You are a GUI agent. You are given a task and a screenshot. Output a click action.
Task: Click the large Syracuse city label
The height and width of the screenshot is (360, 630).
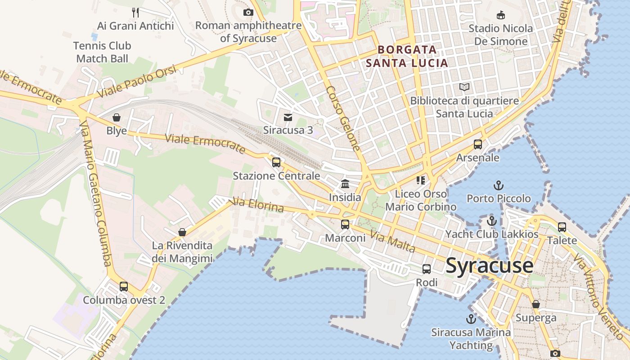click(x=490, y=265)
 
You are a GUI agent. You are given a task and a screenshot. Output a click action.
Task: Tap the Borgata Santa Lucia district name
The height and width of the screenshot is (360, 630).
click(x=407, y=56)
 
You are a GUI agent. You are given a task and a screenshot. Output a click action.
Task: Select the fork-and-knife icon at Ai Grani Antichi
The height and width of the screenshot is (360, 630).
click(x=135, y=12)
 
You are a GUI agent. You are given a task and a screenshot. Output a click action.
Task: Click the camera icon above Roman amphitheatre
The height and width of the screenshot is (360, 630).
click(x=248, y=12)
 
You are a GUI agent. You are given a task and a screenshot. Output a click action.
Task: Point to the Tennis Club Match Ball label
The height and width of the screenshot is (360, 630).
click(x=103, y=52)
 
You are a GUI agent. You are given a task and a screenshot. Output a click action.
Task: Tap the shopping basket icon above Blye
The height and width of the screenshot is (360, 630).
click(x=117, y=117)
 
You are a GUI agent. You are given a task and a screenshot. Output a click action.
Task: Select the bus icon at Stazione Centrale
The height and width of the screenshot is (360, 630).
click(x=276, y=162)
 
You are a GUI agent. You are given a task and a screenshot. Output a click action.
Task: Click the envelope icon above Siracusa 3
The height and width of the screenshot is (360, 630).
click(x=288, y=117)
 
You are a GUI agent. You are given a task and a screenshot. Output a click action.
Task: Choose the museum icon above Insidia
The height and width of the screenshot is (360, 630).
click(x=345, y=184)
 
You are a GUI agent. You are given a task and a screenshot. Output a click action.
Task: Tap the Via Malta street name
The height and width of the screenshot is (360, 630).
click(x=392, y=241)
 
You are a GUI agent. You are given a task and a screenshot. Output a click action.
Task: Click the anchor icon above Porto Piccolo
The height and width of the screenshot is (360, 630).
click(x=498, y=185)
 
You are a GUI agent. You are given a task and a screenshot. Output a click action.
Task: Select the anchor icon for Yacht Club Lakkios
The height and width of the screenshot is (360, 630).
click(x=492, y=221)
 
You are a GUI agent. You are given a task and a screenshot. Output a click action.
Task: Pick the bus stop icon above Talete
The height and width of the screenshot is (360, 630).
click(x=562, y=227)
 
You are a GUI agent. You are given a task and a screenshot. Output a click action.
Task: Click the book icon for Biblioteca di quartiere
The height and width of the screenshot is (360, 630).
click(x=464, y=87)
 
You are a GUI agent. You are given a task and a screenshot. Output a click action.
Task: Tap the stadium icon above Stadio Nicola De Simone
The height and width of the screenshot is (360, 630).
click(x=500, y=15)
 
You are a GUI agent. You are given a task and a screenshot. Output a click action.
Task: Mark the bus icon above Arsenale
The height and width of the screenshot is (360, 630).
click(x=478, y=144)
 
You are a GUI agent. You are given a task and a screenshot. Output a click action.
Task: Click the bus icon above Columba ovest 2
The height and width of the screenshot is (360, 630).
click(x=124, y=286)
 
